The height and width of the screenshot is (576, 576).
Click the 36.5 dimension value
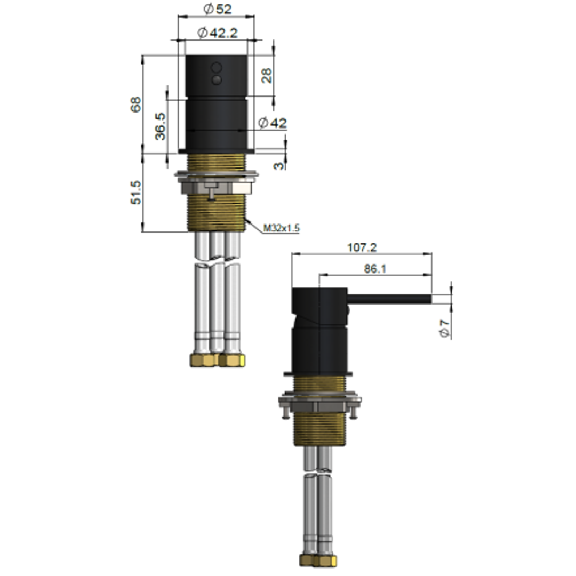point(159,126)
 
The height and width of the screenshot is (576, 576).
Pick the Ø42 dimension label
point(272,123)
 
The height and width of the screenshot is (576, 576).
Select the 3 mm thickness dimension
point(278,165)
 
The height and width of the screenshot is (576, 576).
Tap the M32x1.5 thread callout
point(281,228)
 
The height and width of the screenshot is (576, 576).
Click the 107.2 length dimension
point(362,247)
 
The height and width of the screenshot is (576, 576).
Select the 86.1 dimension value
point(375,269)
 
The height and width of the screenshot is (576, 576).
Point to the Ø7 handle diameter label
point(445,326)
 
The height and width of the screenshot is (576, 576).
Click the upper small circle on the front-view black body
point(216,68)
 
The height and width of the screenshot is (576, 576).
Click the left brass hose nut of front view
point(203,360)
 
